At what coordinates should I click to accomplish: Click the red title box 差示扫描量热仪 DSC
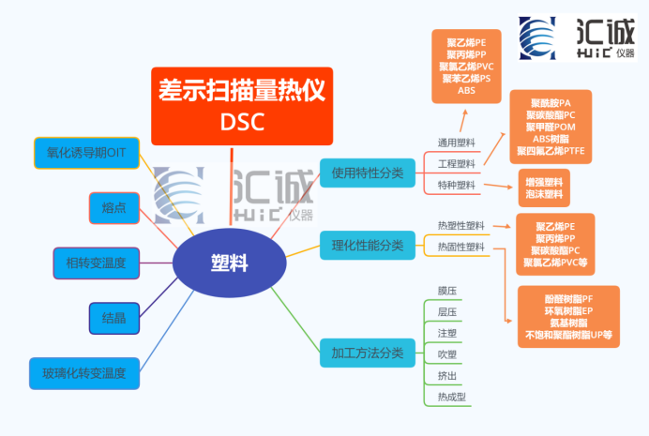242,106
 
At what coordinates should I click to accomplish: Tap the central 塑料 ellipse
229,263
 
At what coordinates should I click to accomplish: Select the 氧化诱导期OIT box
87,153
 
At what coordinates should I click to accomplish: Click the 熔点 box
114,208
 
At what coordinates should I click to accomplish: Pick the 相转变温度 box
97,263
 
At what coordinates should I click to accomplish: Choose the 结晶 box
114,317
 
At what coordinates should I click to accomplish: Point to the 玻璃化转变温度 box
90,373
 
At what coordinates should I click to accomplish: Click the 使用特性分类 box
367,172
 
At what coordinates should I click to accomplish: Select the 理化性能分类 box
367,246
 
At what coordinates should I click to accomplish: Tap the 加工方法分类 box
367,353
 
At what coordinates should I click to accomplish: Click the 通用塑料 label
457,143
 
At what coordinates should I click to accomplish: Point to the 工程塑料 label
457,164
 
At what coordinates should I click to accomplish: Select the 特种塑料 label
457,185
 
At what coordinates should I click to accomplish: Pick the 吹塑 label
447,354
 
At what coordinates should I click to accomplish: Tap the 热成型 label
451,397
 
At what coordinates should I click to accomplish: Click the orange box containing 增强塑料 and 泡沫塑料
544,188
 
